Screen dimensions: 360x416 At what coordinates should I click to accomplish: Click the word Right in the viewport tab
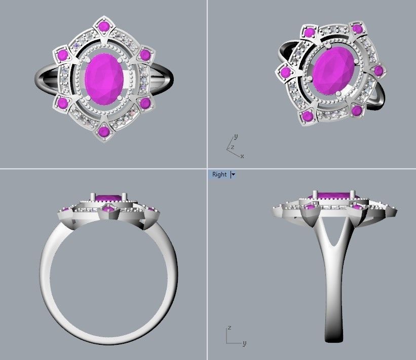(x=219, y=174)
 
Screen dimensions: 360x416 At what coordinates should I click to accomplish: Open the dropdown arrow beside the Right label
(x=233, y=174)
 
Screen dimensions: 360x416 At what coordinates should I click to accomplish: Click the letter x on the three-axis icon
(x=242, y=156)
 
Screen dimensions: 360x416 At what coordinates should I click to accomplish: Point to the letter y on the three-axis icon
(x=236, y=137)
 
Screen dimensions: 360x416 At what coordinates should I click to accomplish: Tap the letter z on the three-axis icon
(x=232, y=147)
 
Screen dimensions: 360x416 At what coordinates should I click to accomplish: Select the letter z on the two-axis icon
(x=229, y=328)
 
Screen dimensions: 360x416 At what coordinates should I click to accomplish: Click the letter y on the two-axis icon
(x=244, y=343)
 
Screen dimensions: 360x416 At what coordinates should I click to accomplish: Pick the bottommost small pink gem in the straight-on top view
(x=104, y=132)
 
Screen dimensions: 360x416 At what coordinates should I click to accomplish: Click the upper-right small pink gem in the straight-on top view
(x=145, y=54)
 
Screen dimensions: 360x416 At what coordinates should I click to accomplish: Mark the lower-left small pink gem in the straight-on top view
(x=62, y=103)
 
